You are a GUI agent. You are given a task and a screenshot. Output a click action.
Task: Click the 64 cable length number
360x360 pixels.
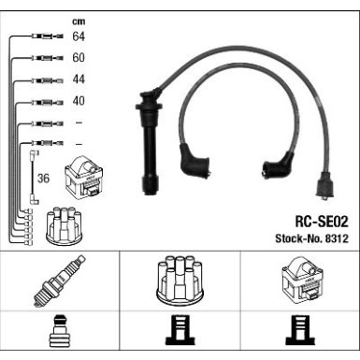tap(79, 36)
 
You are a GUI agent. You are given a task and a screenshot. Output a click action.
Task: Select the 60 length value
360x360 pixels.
tap(79, 58)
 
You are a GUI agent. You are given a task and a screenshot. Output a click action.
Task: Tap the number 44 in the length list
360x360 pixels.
tap(79, 79)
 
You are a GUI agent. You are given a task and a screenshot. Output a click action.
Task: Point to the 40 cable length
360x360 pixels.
tap(79, 101)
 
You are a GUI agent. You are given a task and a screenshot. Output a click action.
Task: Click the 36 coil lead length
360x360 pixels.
tap(43, 179)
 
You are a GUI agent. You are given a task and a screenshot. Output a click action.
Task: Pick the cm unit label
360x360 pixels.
tap(79, 22)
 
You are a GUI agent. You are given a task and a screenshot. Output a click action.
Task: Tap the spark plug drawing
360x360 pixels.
tap(59, 281)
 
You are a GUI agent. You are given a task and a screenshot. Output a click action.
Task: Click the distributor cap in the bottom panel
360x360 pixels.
tap(180, 281)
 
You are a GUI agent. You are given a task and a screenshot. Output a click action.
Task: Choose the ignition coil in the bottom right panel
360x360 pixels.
tap(303, 281)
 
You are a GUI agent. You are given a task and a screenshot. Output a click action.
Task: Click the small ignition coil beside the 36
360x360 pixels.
tap(84, 177)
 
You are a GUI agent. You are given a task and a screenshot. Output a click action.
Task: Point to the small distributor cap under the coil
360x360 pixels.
tap(65, 226)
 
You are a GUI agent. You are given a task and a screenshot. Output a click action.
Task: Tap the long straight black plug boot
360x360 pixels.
tap(150, 140)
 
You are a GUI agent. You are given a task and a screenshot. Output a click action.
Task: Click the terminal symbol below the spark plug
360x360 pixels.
tap(59, 331)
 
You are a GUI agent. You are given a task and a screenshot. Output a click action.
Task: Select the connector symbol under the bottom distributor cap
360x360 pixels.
tap(180, 330)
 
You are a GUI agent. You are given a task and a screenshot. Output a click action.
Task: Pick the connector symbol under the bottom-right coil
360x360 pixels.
tap(300, 330)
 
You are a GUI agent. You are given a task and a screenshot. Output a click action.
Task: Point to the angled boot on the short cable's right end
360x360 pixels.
tap(278, 166)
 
